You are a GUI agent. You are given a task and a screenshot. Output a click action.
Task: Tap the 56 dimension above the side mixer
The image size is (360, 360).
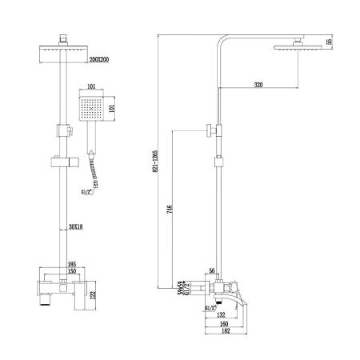click(x=212, y=271)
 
